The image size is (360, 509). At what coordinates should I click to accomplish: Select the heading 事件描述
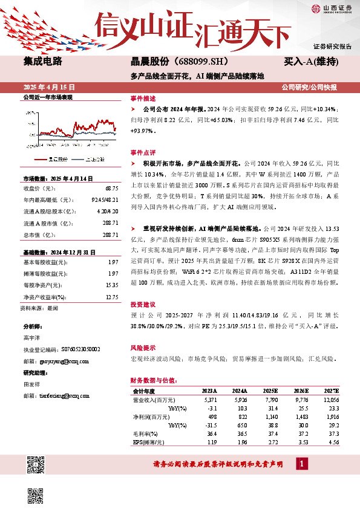(x=143, y=98)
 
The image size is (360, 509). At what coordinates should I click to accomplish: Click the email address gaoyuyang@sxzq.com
(x=60, y=361)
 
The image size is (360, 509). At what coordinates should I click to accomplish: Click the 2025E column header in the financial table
(x=272, y=391)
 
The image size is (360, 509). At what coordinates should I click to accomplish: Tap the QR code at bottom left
(x=36, y=465)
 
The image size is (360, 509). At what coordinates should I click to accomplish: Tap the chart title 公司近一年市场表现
(x=47, y=97)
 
